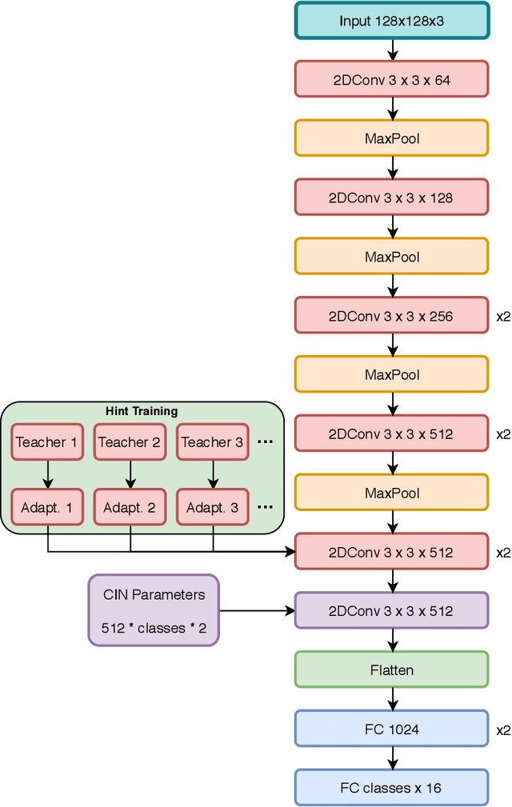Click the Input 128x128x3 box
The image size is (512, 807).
pyautogui.click(x=391, y=21)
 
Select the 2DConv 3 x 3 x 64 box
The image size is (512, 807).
pyautogui.click(x=391, y=80)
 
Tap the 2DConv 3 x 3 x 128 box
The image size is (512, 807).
pyautogui.click(x=391, y=198)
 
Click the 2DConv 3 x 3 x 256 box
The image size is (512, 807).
pyautogui.click(x=391, y=316)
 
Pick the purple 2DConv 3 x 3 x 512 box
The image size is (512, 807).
pyautogui.click(x=391, y=611)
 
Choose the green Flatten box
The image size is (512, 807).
pyautogui.click(x=391, y=669)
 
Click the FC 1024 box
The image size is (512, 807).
pyautogui.click(x=391, y=729)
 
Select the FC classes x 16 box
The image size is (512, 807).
pyautogui.click(x=391, y=788)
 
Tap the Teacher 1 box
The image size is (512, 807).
pyautogui.click(x=47, y=442)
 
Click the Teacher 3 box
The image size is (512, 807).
pyautogui.click(x=212, y=442)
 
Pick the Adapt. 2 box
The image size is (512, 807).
pyautogui.click(x=130, y=507)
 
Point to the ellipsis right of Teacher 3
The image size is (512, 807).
pyautogui.click(x=265, y=442)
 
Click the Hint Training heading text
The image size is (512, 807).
pyautogui.click(x=142, y=411)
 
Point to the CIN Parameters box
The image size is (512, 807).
pyautogui.click(x=154, y=610)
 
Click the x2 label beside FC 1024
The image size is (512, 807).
pyautogui.click(x=502, y=729)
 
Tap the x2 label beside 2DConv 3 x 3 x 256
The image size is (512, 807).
pyautogui.click(x=502, y=316)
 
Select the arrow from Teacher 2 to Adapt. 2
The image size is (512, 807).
pyautogui.click(x=130, y=475)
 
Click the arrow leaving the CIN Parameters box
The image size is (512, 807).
pyautogui.click(x=256, y=611)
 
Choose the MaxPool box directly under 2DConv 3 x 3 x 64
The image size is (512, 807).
pyautogui.click(x=391, y=138)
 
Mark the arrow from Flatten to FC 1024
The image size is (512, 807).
pyautogui.click(x=391, y=699)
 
